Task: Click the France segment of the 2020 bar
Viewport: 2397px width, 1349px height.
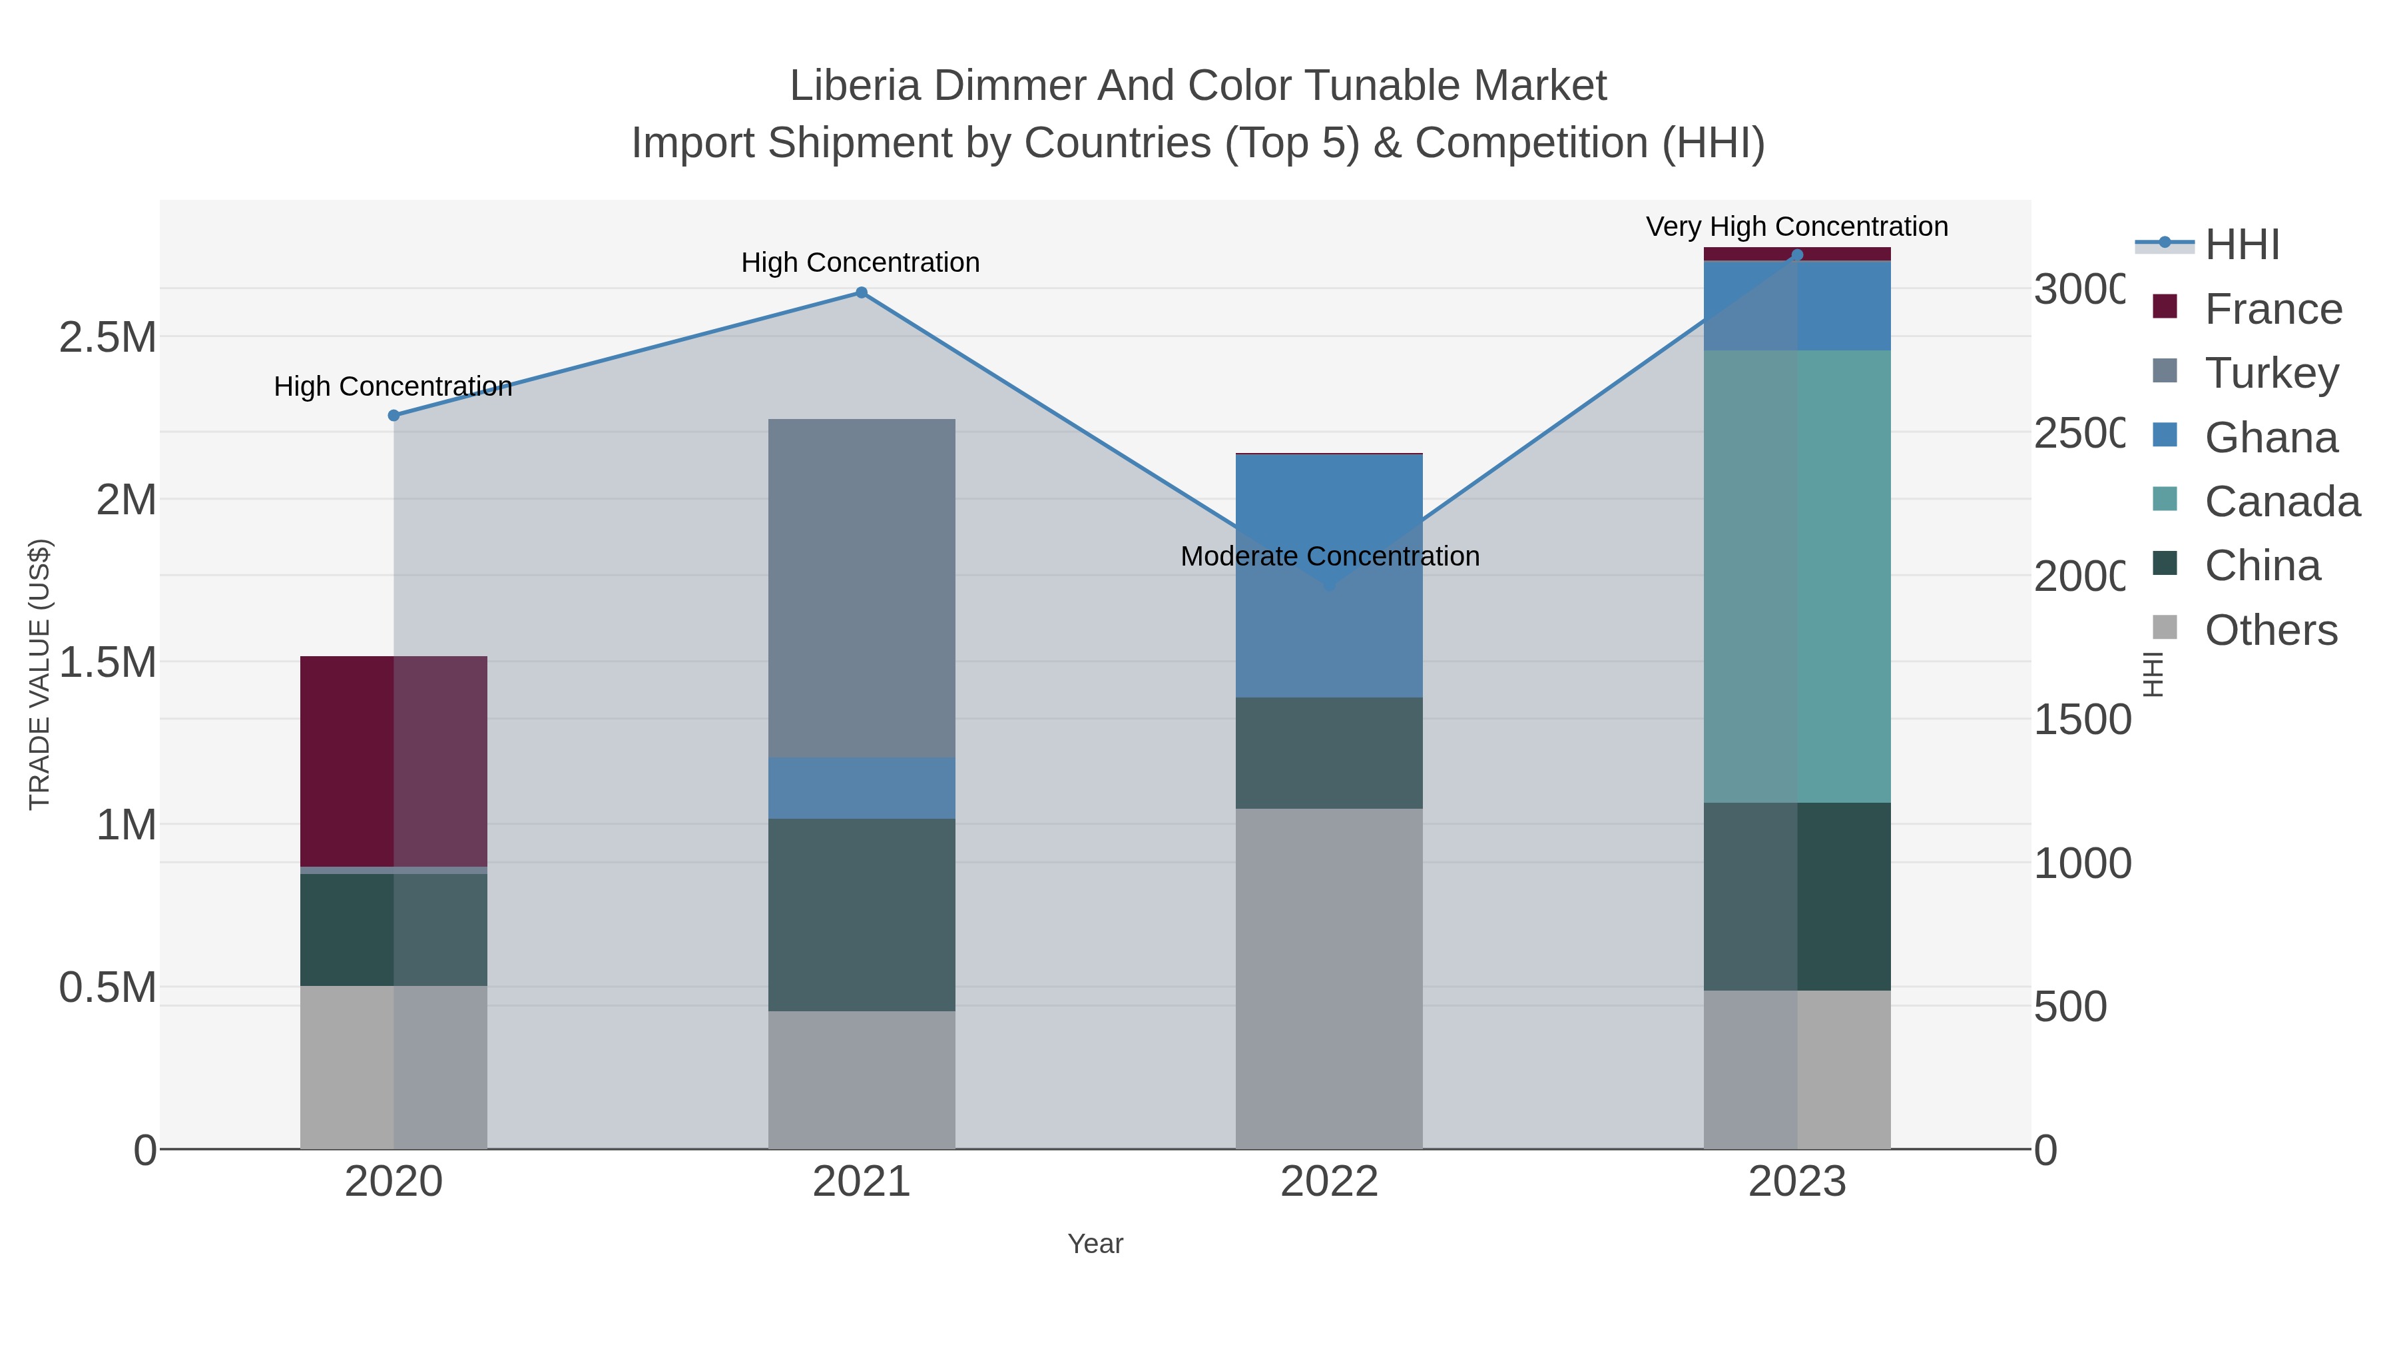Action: [x=393, y=761]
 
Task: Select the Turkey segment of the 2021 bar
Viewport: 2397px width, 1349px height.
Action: [x=861, y=588]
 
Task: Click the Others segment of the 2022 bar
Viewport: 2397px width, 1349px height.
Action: [x=1329, y=977]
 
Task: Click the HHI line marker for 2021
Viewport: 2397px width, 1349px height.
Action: [x=861, y=293]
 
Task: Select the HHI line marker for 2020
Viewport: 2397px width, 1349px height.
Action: [x=394, y=415]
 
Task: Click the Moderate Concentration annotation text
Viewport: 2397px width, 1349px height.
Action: [x=1329, y=556]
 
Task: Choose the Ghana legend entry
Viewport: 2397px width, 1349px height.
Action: [x=2270, y=438]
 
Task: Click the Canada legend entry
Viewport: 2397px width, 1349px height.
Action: [x=2282, y=502]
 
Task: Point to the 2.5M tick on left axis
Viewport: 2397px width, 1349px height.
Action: [x=107, y=337]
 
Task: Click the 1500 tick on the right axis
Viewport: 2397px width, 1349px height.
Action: [x=2081, y=719]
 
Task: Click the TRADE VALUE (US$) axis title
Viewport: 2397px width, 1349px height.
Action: [x=39, y=674]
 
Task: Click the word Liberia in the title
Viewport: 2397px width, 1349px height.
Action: [x=854, y=86]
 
